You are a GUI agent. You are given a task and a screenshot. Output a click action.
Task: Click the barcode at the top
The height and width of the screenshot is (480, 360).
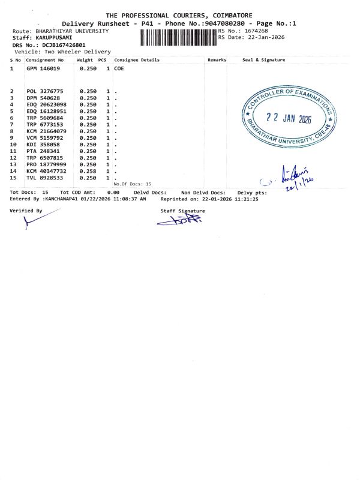[x=178, y=37]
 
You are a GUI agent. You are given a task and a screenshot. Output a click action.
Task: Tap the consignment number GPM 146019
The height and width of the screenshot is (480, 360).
[x=44, y=69]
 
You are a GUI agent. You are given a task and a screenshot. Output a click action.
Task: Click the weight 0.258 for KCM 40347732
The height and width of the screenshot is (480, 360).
[x=88, y=171]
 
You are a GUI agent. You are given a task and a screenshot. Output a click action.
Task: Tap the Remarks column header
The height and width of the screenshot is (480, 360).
[x=217, y=60]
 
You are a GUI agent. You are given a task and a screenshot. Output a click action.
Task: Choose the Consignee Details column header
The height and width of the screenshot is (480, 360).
[x=137, y=60]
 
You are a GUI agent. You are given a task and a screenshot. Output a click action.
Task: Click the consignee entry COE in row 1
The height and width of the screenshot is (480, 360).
[x=119, y=69]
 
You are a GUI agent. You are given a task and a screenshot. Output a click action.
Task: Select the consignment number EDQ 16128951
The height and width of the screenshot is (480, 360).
[x=45, y=111]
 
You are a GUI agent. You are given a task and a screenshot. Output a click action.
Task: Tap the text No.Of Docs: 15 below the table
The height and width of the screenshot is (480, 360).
[x=133, y=184]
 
